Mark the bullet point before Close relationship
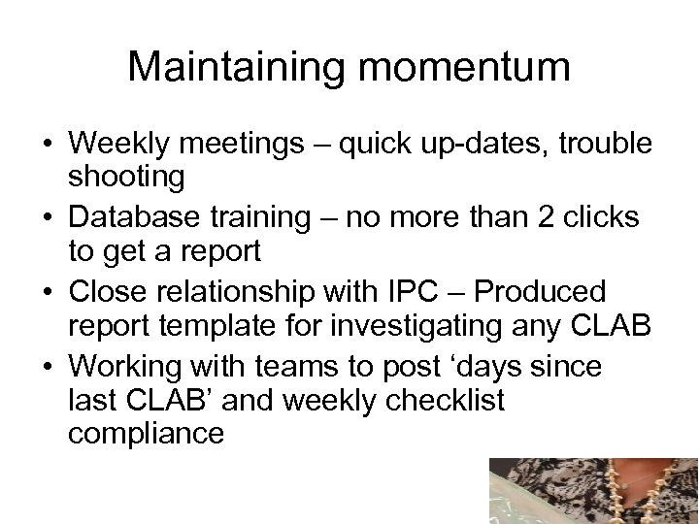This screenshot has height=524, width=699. pos(48,291)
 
